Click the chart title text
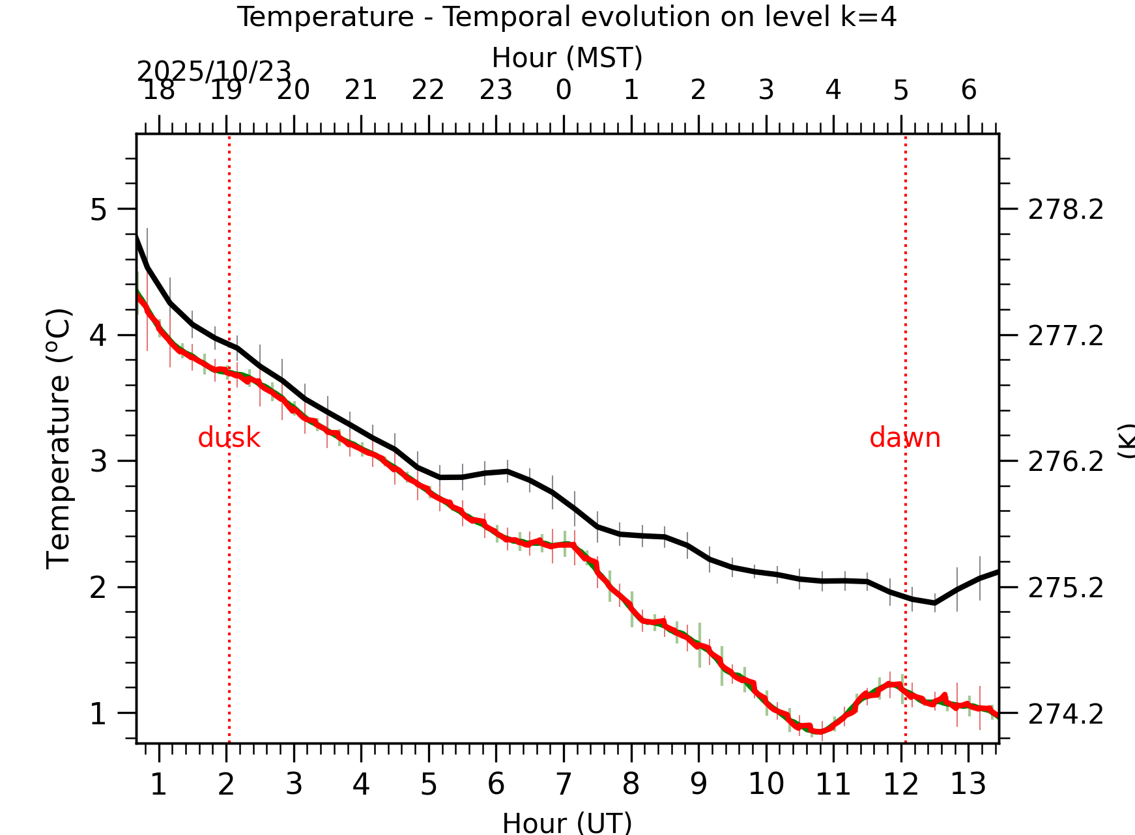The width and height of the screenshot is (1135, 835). (566, 17)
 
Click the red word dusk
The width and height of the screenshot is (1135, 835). (229, 438)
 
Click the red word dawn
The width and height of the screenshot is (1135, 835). (904, 438)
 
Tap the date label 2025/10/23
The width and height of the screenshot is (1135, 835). (213, 71)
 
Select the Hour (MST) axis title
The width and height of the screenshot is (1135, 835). (567, 57)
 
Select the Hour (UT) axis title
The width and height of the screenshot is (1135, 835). (567, 822)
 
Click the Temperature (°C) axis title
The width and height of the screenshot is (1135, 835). (59, 439)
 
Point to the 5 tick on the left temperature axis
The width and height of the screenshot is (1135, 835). (98, 210)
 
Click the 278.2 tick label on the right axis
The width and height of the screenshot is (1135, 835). (1065, 210)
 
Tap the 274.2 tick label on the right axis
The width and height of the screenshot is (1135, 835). (1065, 714)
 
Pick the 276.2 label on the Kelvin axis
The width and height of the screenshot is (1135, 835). (1065, 462)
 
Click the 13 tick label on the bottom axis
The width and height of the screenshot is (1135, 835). (968, 784)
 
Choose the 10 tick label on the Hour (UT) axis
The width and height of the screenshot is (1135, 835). (766, 784)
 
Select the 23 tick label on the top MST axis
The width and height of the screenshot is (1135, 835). (496, 90)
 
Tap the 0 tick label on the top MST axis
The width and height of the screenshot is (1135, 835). (564, 90)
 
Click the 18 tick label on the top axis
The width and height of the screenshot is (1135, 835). (158, 90)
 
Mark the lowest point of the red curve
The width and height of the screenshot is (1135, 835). (820, 732)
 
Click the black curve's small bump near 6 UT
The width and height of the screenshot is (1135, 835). (507, 471)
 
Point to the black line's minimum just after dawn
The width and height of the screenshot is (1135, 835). (934, 603)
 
